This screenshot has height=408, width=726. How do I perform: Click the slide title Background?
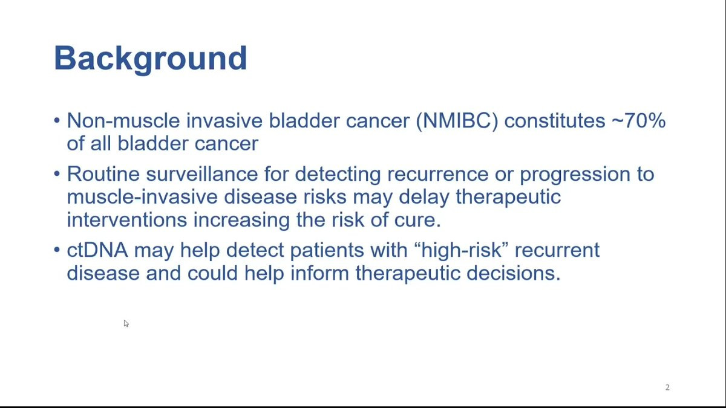[x=151, y=59]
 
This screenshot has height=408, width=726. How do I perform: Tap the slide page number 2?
[x=667, y=387]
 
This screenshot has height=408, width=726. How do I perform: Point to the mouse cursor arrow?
[x=126, y=323]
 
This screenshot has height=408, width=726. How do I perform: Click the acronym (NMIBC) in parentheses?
[x=457, y=121]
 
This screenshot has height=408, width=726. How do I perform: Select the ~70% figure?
[x=638, y=120]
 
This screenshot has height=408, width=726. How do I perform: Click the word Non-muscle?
[x=123, y=120]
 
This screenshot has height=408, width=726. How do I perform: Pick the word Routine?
[x=103, y=174]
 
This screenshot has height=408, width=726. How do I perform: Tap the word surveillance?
[x=202, y=174]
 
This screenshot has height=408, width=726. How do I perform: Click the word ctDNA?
[x=97, y=250]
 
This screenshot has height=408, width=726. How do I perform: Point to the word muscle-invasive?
[x=142, y=197]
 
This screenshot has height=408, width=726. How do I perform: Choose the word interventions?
[x=127, y=220]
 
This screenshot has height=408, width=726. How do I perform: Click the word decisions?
[x=514, y=273]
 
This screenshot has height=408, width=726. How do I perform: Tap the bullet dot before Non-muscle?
[x=57, y=121]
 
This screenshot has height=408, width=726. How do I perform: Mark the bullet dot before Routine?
[x=57, y=174]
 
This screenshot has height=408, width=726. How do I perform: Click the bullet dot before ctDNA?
[x=57, y=250]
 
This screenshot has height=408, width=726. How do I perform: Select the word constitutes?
[x=555, y=121]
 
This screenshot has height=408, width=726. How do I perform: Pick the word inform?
[x=319, y=273]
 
